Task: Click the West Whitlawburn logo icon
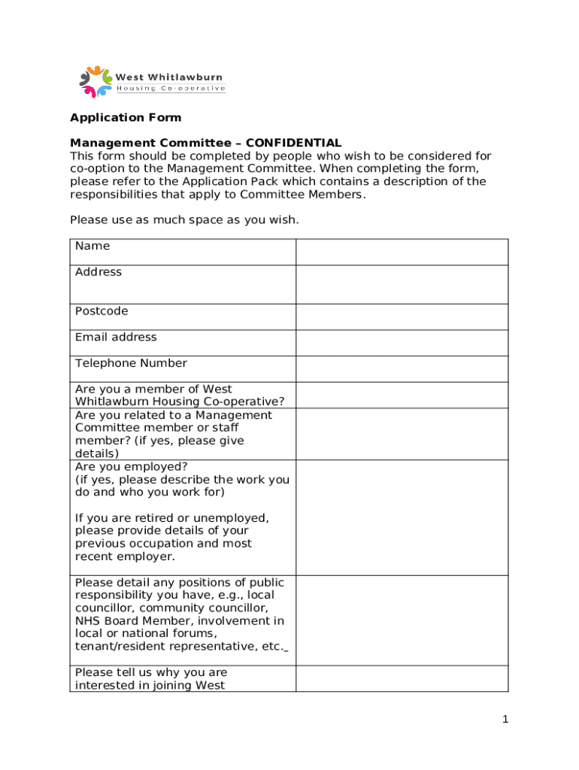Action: (x=95, y=81)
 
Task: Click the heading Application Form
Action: (x=126, y=117)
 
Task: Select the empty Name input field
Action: (x=402, y=252)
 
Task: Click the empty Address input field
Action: (x=402, y=284)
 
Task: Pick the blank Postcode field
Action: (x=402, y=317)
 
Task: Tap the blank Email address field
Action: (x=402, y=343)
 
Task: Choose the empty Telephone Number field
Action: (x=402, y=368)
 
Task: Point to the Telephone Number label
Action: (x=131, y=363)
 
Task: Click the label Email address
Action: (x=116, y=337)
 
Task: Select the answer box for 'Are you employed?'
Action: (x=402, y=517)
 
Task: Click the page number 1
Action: (x=506, y=720)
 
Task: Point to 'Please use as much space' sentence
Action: (x=184, y=220)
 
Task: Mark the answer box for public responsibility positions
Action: (x=402, y=620)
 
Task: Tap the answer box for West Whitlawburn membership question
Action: (x=402, y=395)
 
